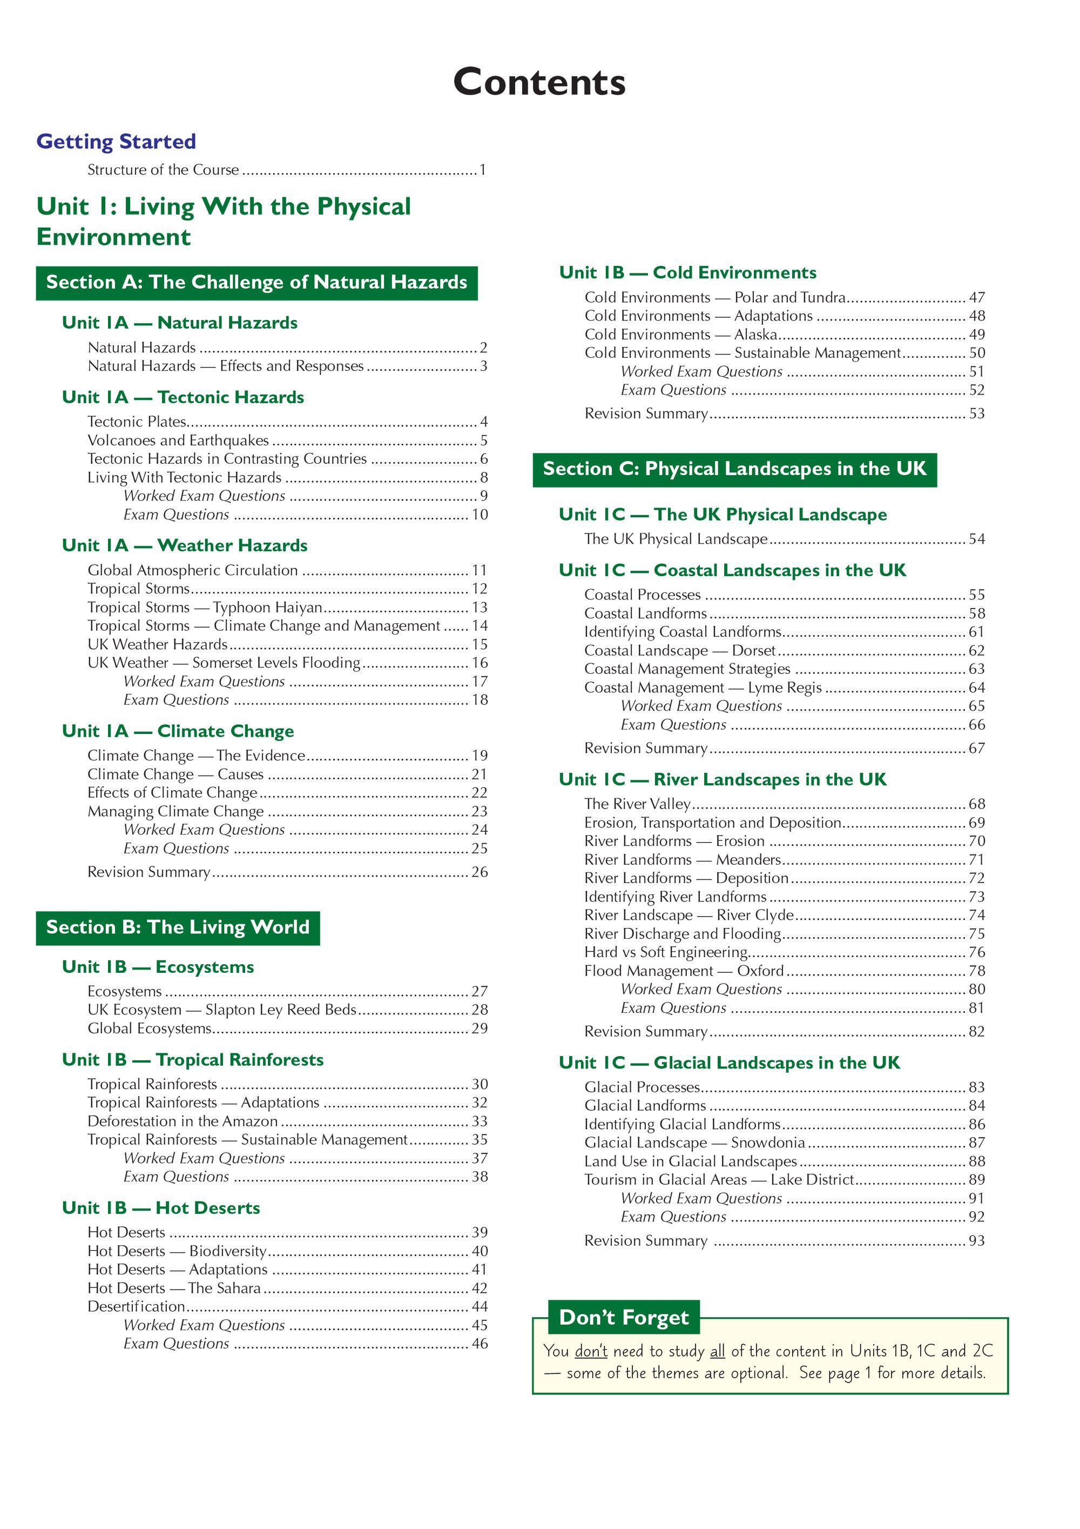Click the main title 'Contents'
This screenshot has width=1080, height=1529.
pyautogui.click(x=539, y=83)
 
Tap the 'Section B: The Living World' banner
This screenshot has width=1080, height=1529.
pyautogui.click(x=178, y=927)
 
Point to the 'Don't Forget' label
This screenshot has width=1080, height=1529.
pyautogui.click(x=624, y=1317)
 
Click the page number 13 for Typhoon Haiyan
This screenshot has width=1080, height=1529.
pyautogui.click(x=480, y=607)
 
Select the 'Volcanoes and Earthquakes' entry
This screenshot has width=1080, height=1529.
pyautogui.click(x=178, y=440)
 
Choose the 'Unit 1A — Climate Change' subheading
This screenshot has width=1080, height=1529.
pyautogui.click(x=178, y=731)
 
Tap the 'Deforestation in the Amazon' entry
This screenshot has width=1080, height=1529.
pyautogui.click(x=183, y=1121)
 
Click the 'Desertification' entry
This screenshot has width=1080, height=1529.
pyautogui.click(x=136, y=1306)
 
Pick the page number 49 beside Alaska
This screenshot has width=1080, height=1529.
pyautogui.click(x=976, y=335)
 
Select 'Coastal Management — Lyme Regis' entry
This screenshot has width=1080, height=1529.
pyautogui.click(x=703, y=687)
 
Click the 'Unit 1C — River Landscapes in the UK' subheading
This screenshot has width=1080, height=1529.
pyautogui.click(x=722, y=780)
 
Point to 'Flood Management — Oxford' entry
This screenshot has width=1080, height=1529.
pyautogui.click(x=684, y=971)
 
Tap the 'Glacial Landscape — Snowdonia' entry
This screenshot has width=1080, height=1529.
pyautogui.click(x=694, y=1143)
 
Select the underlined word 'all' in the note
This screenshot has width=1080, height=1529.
pyautogui.click(x=717, y=1351)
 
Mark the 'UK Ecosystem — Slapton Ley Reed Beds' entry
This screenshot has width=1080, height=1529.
pyautogui.click(x=221, y=1010)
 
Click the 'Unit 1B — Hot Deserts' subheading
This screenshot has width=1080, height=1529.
pyautogui.click(x=160, y=1208)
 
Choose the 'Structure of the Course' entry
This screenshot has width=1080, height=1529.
pyautogui.click(x=163, y=170)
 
